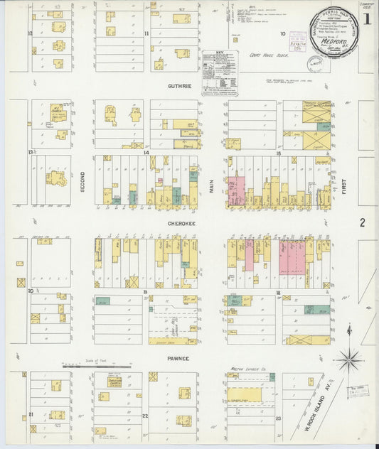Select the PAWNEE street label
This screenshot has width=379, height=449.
click(x=178, y=359)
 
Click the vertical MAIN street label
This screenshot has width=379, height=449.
click(x=211, y=185)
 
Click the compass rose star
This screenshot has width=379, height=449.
click(x=348, y=359)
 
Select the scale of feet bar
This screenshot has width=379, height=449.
click(x=96, y=367)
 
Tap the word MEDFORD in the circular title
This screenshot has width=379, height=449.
click(x=333, y=40)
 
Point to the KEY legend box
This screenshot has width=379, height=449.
click(x=220, y=71)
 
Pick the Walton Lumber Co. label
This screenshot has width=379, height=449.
click(x=248, y=369)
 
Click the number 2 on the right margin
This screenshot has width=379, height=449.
click(x=363, y=222)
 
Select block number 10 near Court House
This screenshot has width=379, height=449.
click(x=282, y=33)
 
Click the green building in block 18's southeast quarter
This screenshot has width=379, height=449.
click(x=316, y=309)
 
